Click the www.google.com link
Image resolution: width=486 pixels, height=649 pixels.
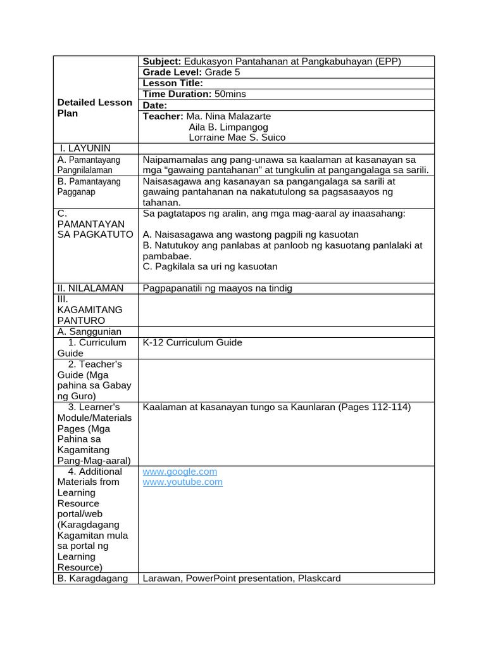click(180, 472)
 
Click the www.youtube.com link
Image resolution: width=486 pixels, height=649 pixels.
click(182, 482)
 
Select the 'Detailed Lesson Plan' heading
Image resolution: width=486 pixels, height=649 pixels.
click(94, 108)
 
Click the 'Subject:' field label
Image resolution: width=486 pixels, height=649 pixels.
click(162, 61)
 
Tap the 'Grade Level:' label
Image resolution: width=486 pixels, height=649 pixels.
click(172, 72)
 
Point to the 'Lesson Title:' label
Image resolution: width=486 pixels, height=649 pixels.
click(173, 83)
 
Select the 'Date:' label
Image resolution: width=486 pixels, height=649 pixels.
click(155, 105)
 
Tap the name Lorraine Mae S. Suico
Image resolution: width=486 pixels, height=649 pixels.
click(237, 138)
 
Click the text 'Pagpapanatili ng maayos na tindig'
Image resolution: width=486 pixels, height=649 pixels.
click(218, 288)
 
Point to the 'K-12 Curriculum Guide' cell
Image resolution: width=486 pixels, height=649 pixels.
click(192, 342)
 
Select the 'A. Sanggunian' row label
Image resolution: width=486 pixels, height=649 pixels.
click(89, 331)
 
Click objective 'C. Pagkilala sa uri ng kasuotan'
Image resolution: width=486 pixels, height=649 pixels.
click(210, 267)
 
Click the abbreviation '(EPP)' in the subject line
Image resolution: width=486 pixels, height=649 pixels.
click(389, 61)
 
